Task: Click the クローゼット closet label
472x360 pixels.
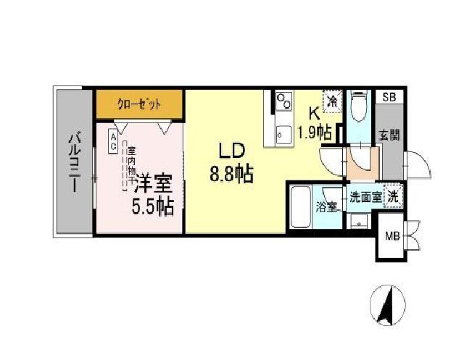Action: [x=139, y=104]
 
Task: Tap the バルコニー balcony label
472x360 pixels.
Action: [x=73, y=162]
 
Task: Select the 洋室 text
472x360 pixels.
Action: [x=152, y=182]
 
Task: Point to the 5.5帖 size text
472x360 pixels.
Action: [x=152, y=207]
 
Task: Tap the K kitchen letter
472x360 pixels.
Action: [x=314, y=114]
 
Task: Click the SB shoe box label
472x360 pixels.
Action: [x=389, y=97]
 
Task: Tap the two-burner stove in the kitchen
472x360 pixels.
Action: [x=283, y=103]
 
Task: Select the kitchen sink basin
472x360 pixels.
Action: [x=283, y=133]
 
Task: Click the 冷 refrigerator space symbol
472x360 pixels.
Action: [x=332, y=101]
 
